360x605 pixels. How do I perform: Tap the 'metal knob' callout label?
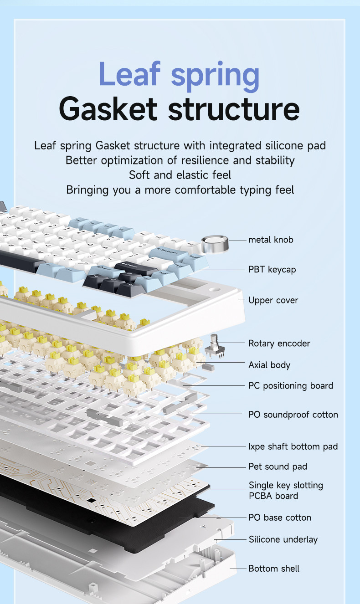coord(271,240)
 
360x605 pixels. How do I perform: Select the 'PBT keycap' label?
coord(272,270)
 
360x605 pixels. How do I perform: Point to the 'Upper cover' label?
coord(273,300)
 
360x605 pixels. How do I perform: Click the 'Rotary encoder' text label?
coord(279,344)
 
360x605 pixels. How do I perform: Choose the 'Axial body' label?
coord(269,365)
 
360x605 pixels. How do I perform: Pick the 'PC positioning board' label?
coord(290,386)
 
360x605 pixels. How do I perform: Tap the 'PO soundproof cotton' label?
coord(293,415)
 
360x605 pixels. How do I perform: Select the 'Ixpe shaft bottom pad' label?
coord(293,446)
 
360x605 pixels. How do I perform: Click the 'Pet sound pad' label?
coord(278,467)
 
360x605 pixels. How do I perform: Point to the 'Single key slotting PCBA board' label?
coord(285,491)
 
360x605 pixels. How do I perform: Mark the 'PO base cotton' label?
coord(280,518)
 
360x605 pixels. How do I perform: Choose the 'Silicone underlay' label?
coord(283,539)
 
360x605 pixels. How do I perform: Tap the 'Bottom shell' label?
coord(274,569)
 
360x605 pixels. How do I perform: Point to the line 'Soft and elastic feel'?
coord(180,175)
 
